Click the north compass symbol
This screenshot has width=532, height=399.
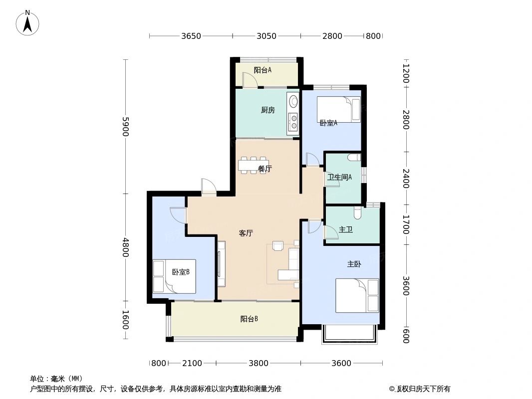pyautogui.click(x=28, y=22)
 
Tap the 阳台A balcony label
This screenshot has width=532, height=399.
pyautogui.click(x=263, y=70)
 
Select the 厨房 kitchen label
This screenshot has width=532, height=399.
pyautogui.click(x=267, y=110)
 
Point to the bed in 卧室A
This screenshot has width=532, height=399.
pyautogui.click(x=338, y=109)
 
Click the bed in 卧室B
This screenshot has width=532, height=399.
pyautogui.click(x=174, y=276)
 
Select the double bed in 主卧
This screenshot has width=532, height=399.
pyautogui.click(x=357, y=295)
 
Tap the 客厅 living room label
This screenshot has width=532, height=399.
pyautogui.click(x=246, y=233)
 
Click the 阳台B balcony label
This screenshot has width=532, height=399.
pyautogui.click(x=249, y=319)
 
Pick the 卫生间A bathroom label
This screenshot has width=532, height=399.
pyautogui.click(x=339, y=177)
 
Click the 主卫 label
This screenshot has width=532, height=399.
pyautogui.click(x=346, y=229)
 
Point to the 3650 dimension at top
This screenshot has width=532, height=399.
pyautogui.click(x=191, y=36)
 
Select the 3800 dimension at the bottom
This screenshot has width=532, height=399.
pyautogui.click(x=259, y=363)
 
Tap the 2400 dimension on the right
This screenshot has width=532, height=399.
pyautogui.click(x=406, y=178)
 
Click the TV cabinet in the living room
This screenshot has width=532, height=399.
pyautogui.click(x=221, y=263)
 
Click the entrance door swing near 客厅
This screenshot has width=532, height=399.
pyautogui.click(x=208, y=187)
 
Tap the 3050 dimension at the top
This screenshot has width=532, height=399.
pyautogui.click(x=266, y=36)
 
